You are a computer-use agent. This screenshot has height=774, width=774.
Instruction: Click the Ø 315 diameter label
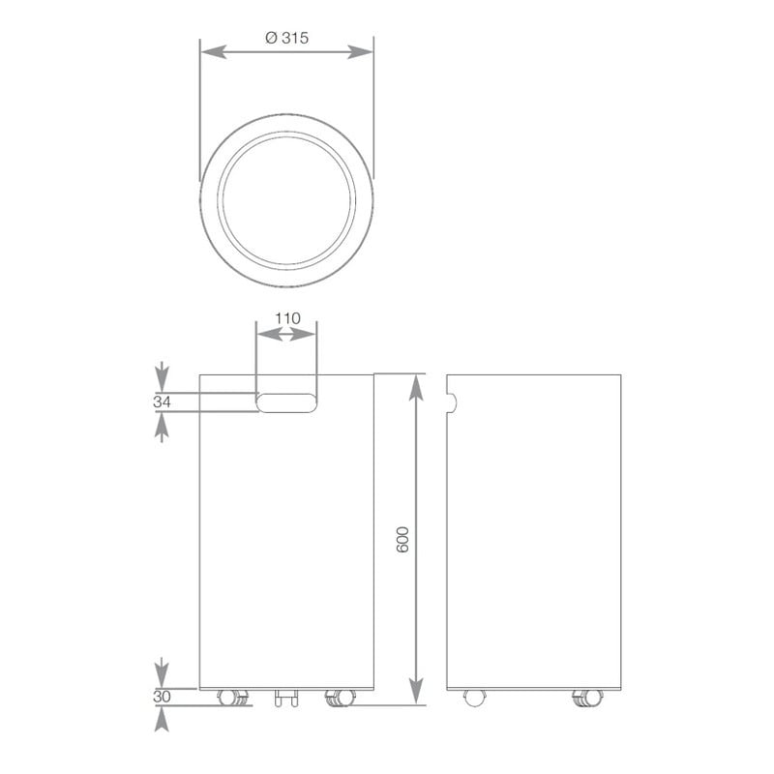[x=285, y=37]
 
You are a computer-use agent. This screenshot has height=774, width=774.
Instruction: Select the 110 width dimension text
[x=287, y=317]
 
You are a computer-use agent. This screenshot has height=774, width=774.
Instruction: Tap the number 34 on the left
[x=162, y=402]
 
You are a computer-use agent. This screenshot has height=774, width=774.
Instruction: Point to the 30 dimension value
[x=162, y=696]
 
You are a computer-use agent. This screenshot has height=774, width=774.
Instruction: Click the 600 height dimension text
[x=404, y=539]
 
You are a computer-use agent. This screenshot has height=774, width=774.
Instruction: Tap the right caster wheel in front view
[x=339, y=697]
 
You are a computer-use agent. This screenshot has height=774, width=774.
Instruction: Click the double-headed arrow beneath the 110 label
[x=285, y=335]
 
